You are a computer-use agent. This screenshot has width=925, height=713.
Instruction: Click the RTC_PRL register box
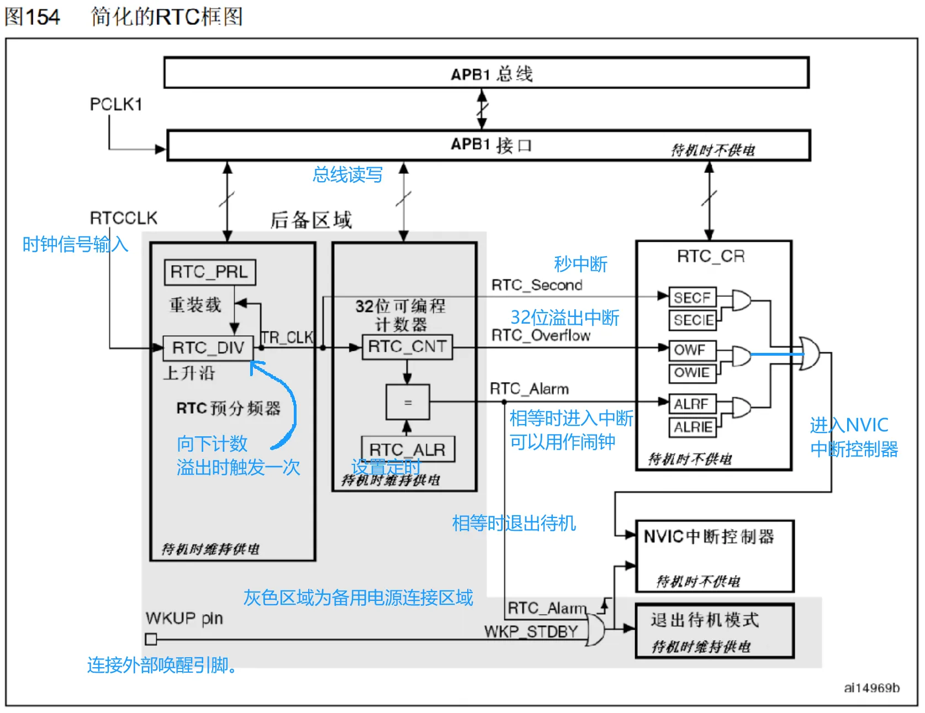[210, 272]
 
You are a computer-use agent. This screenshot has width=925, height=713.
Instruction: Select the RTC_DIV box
[208, 348]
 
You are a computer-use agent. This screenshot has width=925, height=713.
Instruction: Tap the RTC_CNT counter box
[407, 347]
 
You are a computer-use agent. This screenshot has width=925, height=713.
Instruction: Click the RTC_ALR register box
[408, 450]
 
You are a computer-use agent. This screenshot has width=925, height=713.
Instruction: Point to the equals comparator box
[408, 403]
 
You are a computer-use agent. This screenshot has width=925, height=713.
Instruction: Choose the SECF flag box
[693, 298]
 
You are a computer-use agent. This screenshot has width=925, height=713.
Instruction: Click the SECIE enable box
[693, 320]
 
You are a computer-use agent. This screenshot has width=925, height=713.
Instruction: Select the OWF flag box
[693, 350]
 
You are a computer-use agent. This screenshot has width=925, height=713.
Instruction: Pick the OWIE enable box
[693, 373]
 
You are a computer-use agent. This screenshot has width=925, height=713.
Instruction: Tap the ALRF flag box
[693, 404]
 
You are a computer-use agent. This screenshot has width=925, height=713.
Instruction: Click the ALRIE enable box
[693, 427]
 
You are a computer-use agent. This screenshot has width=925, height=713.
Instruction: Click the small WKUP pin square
[151, 639]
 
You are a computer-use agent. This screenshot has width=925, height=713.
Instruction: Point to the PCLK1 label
[116, 104]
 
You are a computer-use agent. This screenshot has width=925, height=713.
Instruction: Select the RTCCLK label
[124, 218]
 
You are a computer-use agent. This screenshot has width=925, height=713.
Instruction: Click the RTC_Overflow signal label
[541, 335]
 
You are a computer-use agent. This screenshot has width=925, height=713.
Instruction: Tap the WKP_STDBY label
[531, 631]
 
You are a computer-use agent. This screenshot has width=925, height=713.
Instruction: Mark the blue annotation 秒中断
[580, 264]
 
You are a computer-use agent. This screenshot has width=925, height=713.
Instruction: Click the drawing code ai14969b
[872, 688]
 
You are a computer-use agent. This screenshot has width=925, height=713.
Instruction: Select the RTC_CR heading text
[711, 256]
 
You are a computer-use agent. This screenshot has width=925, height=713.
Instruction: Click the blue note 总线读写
[347, 175]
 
